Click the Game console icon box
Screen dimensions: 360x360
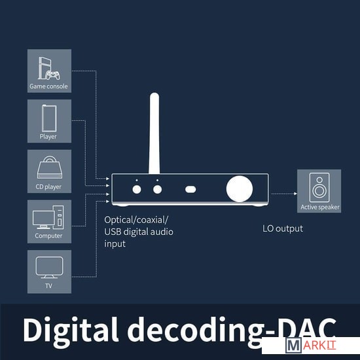point(49,71)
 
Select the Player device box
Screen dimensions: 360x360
point(49,121)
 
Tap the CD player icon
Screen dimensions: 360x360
point(50,168)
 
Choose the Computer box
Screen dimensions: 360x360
point(49,221)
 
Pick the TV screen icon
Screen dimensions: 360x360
point(49,268)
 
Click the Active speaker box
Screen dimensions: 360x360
point(319,191)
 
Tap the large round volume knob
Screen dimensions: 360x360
point(240,189)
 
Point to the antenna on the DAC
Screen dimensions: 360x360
point(154,133)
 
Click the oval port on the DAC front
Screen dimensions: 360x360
point(190,189)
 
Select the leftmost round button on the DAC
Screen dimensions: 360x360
point(137,189)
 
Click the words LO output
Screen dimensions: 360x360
point(283,228)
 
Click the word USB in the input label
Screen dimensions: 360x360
point(113,232)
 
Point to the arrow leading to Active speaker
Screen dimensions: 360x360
point(284,194)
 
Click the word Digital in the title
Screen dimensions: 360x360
point(71,330)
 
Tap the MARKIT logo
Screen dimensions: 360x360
point(311,345)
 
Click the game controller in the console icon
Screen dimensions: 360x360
point(52,75)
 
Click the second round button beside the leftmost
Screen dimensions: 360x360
point(157,189)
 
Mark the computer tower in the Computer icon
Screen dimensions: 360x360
point(58,217)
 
